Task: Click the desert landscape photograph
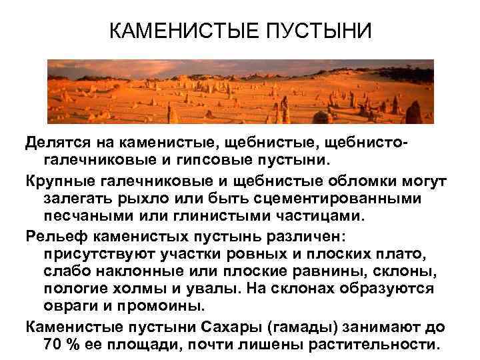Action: [x=240, y=91]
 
